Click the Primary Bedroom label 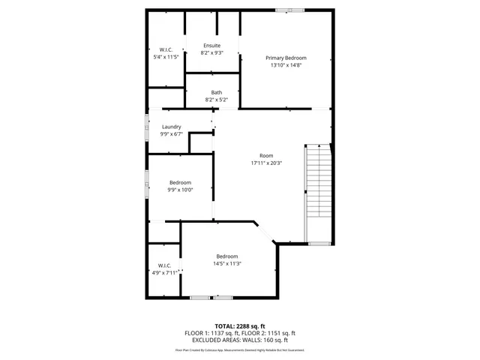pos(286,58)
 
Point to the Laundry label pos(171,127)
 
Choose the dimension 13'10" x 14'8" pos(286,65)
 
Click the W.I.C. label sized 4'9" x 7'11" pos(165,265)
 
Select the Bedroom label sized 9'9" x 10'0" pos(180,182)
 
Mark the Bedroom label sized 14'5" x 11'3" pos(226,256)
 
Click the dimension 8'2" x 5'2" pos(216,100)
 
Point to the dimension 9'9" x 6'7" pos(171,134)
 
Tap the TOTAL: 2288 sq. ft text pos(240,326)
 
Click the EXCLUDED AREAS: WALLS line pos(240,340)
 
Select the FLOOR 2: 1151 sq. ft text pos(268,333)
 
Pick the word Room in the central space pos(266,155)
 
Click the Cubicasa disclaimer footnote pos(240,349)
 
